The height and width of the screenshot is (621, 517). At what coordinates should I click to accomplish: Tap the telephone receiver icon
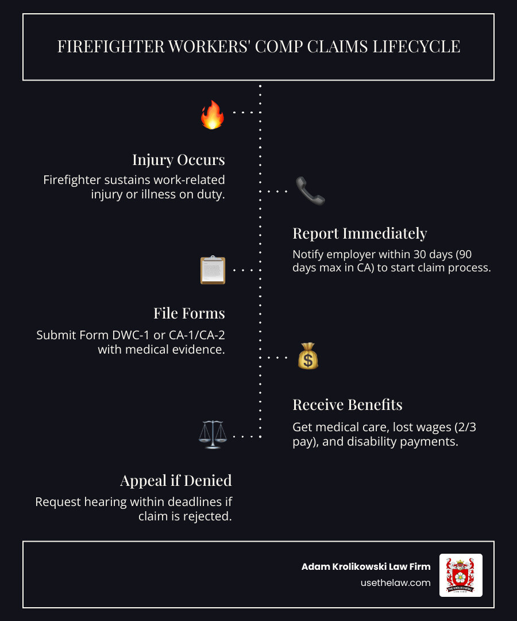[x=310, y=191]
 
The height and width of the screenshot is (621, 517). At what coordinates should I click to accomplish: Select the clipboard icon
[x=213, y=270]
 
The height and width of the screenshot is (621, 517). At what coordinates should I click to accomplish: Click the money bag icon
[x=308, y=356]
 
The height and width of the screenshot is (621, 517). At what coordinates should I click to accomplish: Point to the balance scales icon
[x=212, y=435]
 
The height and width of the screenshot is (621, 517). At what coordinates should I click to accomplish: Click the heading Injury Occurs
[x=178, y=159]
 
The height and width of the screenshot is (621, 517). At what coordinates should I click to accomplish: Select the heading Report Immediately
[x=360, y=233]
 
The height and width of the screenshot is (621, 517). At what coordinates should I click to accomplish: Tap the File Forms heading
[x=189, y=313]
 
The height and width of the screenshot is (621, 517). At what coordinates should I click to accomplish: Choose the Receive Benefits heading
[x=348, y=404]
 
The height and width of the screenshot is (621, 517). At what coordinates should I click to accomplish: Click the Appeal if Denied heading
[x=176, y=480]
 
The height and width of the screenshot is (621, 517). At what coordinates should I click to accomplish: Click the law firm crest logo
[x=461, y=574]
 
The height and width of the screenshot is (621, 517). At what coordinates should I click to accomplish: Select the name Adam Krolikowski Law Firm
[x=366, y=566]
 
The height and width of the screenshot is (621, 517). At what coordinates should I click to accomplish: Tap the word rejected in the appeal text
[x=209, y=516]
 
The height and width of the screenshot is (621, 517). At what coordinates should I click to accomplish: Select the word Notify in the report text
[x=311, y=254]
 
